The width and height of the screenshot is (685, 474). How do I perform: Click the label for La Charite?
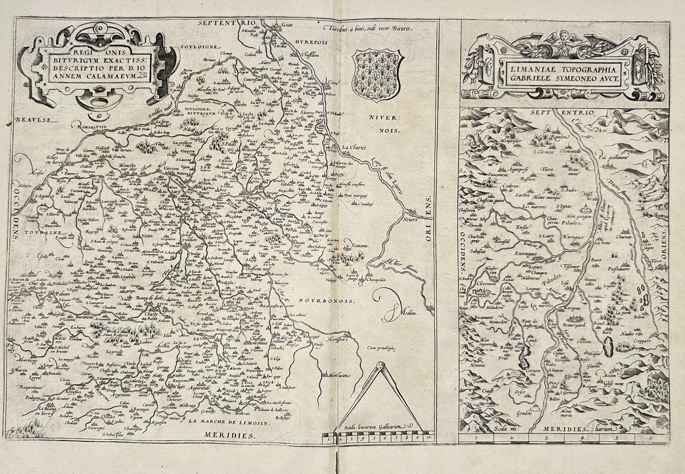click(x=354, y=148)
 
